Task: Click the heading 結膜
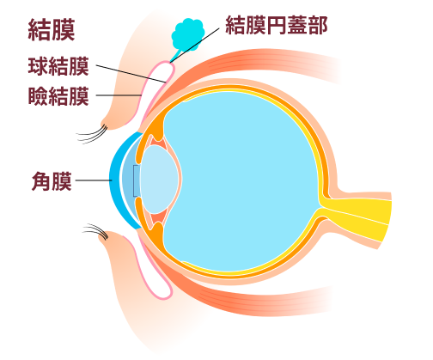[52, 30]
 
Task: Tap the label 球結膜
[58, 66]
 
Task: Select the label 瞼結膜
[58, 96]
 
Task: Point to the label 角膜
[52, 181]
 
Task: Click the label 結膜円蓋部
[277, 25]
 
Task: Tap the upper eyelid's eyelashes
[92, 134]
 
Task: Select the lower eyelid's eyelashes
[95, 231]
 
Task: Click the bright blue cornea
[114, 180]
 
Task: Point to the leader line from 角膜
[94, 180]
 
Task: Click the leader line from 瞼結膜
[119, 95]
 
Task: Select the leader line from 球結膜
[131, 74]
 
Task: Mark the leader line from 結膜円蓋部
[195, 45]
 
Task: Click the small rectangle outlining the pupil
[137, 180]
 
